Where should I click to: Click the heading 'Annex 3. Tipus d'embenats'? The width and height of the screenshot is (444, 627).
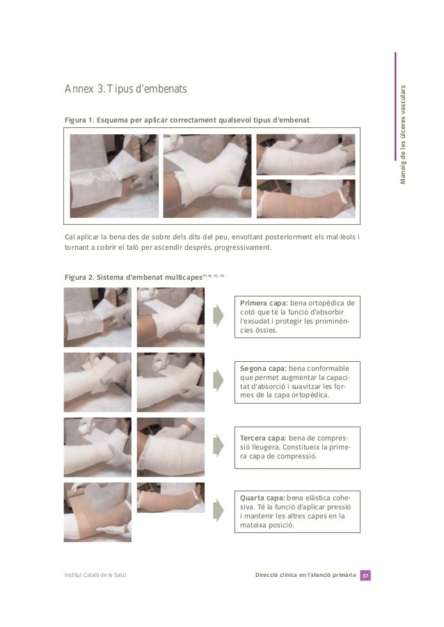pos(125,89)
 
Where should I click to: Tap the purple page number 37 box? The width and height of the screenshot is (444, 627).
pos(365,576)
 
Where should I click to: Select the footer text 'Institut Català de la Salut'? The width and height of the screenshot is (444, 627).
pos(95,575)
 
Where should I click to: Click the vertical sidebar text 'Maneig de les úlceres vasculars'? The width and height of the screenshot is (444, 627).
pos(403,134)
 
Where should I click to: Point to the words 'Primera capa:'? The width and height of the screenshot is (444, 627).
pos(264,303)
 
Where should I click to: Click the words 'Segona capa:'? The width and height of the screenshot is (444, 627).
pos(263,369)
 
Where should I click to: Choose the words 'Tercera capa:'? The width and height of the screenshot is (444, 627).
pos(263,438)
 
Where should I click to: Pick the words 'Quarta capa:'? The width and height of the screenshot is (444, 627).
pos(262,498)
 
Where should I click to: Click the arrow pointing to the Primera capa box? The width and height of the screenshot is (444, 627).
pos(218,315)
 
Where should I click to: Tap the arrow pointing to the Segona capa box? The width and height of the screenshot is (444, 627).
pos(218,380)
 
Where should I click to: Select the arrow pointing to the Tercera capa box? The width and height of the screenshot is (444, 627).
pos(218,446)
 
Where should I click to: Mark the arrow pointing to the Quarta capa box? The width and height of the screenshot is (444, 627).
pos(218,510)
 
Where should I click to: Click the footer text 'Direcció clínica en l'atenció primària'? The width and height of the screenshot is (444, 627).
pos(306,575)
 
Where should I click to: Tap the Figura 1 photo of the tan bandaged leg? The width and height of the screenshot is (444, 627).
pos(306,199)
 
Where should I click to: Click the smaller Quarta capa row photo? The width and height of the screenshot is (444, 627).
pos(171,498)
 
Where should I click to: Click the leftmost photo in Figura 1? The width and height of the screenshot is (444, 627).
pos(114,176)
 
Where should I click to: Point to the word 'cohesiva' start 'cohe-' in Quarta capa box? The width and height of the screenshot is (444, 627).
pos(342,498)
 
